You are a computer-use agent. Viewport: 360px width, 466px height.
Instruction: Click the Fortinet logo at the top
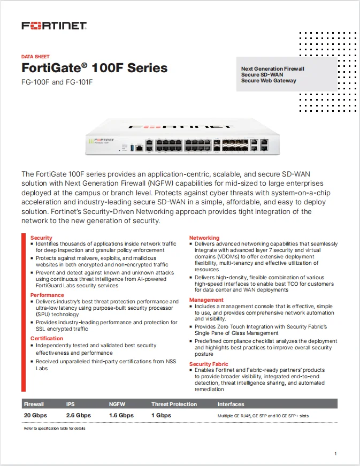coord(54,26)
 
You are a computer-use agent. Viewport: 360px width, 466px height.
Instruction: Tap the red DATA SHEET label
coord(35,56)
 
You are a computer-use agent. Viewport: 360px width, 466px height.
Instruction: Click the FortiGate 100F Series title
coord(94,68)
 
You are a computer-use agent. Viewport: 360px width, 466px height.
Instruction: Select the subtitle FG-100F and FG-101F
coord(57,82)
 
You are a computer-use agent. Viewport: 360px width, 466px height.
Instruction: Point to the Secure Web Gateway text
coord(269,81)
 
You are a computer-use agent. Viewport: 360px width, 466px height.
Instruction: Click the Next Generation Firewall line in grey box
coord(273,69)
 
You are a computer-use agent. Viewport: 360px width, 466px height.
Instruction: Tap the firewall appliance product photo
coord(180,138)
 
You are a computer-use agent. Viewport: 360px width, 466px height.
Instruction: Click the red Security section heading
coord(41,238)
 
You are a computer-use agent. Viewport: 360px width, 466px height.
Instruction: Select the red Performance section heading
coord(47,295)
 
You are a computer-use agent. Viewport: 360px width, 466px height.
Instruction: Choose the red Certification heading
coord(47,338)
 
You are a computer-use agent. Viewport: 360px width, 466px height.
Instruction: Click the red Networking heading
coord(204,238)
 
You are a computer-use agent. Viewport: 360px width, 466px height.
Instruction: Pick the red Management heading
coord(206,300)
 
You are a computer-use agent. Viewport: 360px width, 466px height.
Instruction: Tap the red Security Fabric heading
coord(209,364)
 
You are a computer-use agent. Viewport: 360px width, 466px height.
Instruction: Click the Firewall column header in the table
coord(34,404)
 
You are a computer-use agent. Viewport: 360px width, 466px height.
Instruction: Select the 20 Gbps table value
coord(35,415)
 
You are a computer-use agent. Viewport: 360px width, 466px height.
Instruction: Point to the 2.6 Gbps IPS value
coord(79,415)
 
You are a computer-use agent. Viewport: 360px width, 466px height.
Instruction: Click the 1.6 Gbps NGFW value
coord(121,415)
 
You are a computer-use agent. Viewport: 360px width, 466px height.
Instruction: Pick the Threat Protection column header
coord(174,404)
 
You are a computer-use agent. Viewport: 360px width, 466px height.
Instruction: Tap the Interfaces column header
coord(231,404)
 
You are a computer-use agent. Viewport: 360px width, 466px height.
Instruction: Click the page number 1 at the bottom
coord(335,454)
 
